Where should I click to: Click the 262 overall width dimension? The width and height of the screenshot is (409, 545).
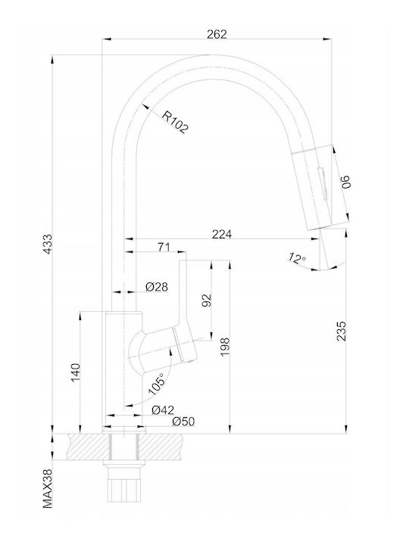coord(217,34)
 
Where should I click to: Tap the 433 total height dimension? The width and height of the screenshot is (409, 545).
coord(48,244)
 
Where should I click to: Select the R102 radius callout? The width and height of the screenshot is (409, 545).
coord(175,122)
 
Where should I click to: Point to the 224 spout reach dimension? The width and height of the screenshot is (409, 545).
coord(222,234)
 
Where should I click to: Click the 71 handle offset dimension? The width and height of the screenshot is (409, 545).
coord(164,247)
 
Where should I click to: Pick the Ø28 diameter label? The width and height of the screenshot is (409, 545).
coord(157,287)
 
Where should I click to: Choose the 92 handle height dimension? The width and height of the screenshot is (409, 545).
coord(207,301)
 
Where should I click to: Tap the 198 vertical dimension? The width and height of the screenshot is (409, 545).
coord(225,347)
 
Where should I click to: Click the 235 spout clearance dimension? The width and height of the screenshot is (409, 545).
coord(342,331)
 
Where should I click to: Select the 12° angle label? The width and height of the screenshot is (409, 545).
coord(297,259)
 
